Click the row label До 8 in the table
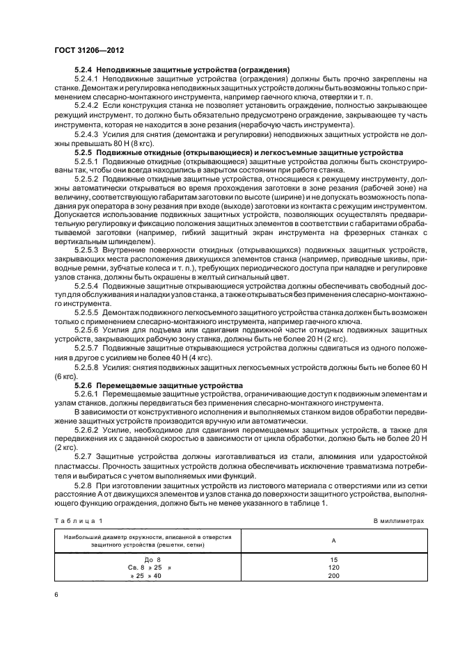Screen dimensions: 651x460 click(152, 559)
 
